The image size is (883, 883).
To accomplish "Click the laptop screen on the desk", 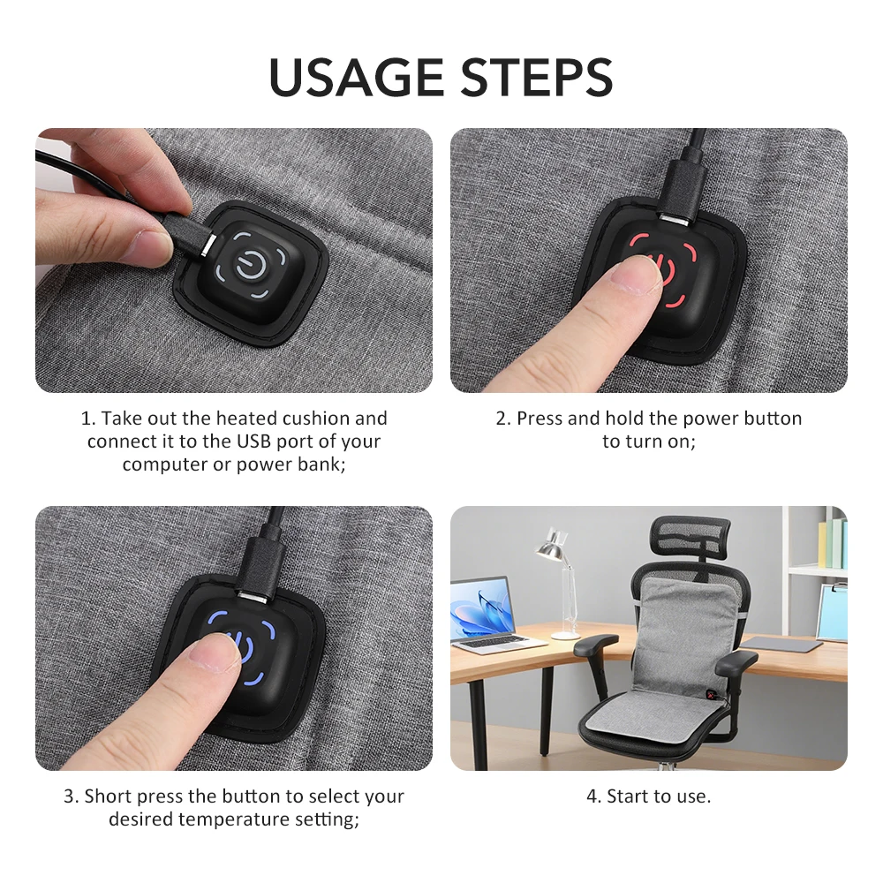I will tap(482, 608).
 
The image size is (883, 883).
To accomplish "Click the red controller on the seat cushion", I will tap(713, 694).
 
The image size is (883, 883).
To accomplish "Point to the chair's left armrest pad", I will tap(595, 642).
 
